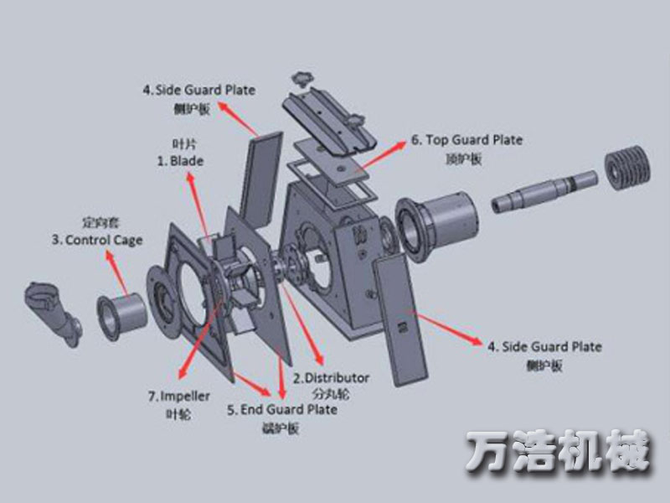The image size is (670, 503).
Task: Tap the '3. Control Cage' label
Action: tap(97, 240)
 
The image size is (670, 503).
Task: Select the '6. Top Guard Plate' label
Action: tap(466, 140)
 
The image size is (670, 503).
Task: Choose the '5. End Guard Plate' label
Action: tap(282, 409)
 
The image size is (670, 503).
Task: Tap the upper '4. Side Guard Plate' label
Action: tap(198, 89)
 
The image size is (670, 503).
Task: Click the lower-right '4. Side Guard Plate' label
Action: tap(544, 346)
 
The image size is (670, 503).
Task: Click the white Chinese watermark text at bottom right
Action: tap(558, 453)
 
